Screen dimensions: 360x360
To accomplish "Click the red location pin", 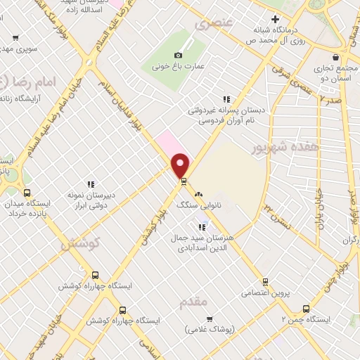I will point(181,165).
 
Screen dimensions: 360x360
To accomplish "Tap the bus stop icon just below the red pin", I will point(184,181).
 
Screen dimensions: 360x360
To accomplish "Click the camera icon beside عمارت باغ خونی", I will point(178,55).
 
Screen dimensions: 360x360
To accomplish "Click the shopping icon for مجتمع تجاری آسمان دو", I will point(336,56).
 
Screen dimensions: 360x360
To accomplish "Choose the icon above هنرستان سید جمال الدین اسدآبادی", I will point(203,226).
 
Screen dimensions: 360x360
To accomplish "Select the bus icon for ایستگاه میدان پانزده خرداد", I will point(27,192).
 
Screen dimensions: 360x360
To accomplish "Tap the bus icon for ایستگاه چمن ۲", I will point(305,308).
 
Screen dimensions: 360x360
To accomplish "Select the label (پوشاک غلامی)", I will point(210,328).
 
